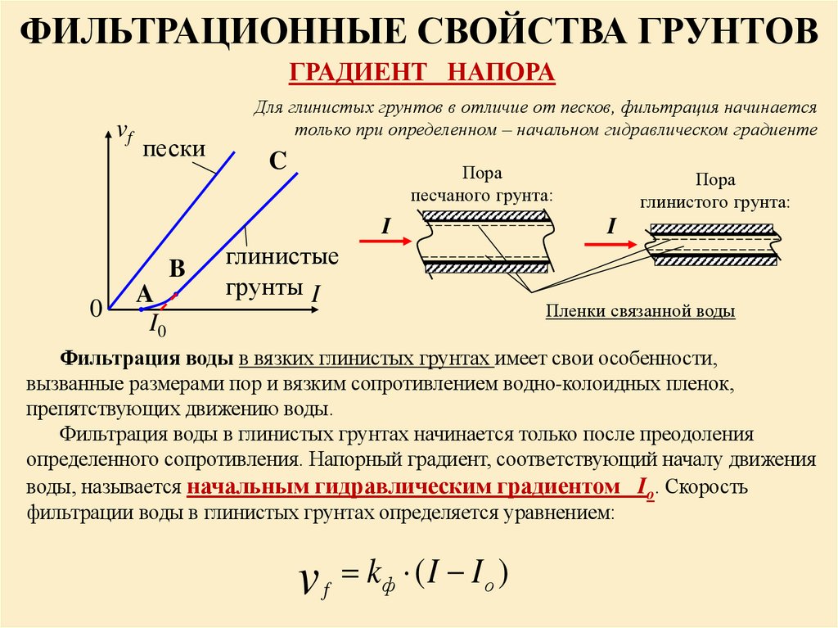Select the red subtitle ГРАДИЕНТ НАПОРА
422,72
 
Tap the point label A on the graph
144,293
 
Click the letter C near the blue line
277,161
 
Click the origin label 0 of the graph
95,309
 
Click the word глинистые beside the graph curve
282,257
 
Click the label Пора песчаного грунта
481,185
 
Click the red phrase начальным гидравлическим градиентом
403,486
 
